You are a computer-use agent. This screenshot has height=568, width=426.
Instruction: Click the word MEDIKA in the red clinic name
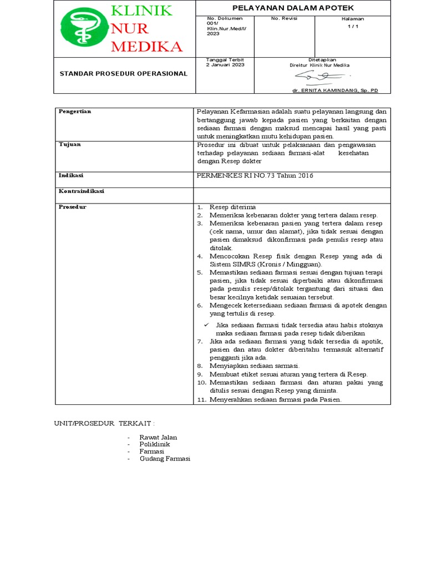pos(146,46)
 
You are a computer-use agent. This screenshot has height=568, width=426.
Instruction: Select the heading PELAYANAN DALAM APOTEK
pos(292,7)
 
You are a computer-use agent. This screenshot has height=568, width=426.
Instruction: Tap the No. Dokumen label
pos(221,18)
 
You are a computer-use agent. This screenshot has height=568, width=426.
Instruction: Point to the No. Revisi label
pos(284,18)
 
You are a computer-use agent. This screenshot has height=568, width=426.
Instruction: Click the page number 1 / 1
pos(353,26)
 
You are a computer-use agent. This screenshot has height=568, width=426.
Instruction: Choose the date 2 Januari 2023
pos(225,65)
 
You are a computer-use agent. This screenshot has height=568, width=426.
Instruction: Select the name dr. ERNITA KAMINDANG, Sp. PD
pos(334,90)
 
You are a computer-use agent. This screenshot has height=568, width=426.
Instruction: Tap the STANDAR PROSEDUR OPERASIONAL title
pos(123,74)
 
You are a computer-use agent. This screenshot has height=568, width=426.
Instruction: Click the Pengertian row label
pos(75,111)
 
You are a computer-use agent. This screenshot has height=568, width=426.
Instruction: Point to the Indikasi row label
pos(71,175)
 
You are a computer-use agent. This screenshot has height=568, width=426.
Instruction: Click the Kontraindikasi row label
pos(82,191)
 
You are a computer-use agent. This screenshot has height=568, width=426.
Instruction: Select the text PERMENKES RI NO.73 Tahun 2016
pos(255,176)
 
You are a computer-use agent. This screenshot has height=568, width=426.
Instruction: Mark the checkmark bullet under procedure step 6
pos(206,324)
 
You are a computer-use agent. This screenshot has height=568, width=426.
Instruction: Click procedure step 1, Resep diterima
pos(232,207)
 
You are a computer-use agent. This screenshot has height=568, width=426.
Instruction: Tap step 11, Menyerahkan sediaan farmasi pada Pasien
pos(275,399)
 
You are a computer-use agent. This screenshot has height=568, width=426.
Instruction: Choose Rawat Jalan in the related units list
pos(158,437)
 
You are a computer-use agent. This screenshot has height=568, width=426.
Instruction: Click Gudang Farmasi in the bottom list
pos(165,459)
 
